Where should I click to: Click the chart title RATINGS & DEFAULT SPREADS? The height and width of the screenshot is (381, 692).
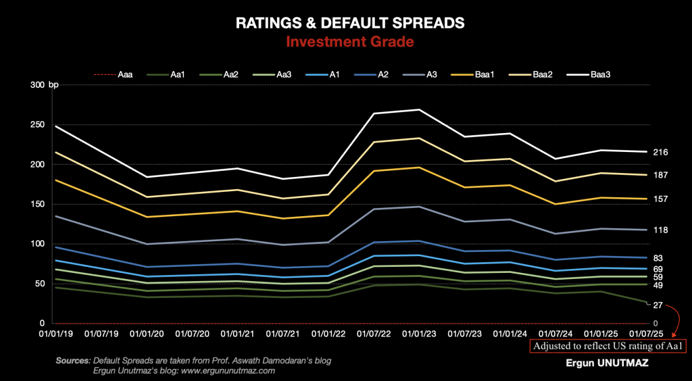click(349, 23)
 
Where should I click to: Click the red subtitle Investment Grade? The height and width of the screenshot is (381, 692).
click(349, 42)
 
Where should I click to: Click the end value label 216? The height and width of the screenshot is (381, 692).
click(661, 152)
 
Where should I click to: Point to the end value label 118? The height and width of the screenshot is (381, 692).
click(661, 230)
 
